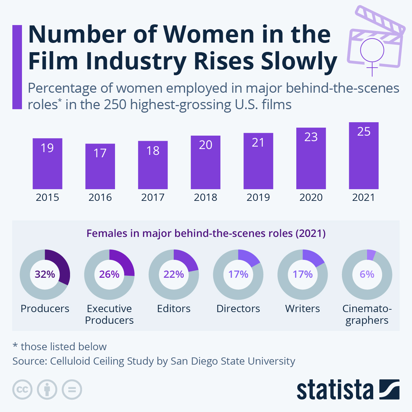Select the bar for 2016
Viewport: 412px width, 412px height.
[100, 167]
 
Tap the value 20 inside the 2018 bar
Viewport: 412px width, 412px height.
[205, 145]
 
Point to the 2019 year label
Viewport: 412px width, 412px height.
[258, 197]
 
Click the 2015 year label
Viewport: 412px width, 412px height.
[47, 197]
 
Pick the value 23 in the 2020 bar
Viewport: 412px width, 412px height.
[311, 137]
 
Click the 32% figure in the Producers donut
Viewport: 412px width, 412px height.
[45, 274]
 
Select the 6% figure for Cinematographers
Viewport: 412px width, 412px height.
[367, 274]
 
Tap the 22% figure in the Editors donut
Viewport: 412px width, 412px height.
[174, 274]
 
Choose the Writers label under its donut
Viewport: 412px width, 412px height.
[302, 309]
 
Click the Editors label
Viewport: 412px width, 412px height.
[174, 309]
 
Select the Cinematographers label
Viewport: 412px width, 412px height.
[367, 314]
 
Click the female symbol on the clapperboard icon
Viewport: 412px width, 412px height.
[372, 55]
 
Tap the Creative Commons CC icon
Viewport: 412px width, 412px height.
[22, 390]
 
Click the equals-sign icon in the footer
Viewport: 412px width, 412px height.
[72, 390]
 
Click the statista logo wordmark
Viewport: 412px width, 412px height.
[335, 390]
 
